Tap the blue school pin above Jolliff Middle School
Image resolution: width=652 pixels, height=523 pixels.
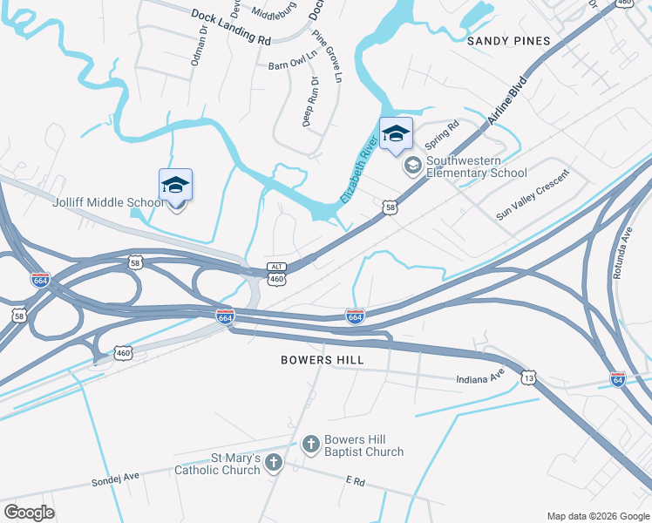coord(175,186)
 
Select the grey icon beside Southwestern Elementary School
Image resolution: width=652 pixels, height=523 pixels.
coord(412,165)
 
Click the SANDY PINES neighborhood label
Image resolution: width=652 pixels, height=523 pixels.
coord(509,41)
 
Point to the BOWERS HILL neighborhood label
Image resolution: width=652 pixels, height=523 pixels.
coord(323,359)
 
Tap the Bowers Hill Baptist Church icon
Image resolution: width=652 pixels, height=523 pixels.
coord(310,445)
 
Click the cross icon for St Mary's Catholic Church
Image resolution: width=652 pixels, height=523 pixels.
coord(274,462)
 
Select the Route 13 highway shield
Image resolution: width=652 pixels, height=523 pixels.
coord(528,377)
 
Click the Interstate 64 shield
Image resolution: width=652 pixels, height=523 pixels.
coord(617,381)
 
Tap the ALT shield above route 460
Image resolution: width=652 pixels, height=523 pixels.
coord(276,267)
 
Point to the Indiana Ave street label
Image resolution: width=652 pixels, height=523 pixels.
coord(480,379)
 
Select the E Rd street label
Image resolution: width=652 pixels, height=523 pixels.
coord(353,480)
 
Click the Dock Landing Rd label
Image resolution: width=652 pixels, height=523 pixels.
coord(230,26)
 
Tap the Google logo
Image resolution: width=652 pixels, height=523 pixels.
coord(29,513)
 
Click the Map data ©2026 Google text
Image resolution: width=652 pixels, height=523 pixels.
coord(598,515)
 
